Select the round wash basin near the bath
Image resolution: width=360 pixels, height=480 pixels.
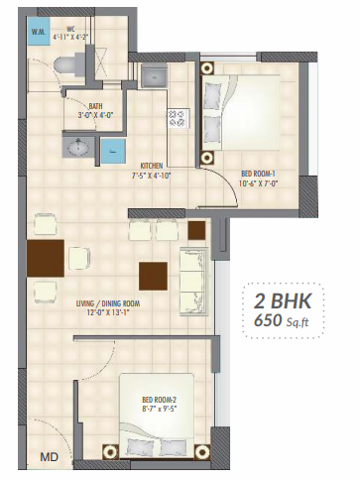78,148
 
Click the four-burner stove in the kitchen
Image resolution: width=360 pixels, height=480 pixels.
180,120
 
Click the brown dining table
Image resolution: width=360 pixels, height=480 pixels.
46,259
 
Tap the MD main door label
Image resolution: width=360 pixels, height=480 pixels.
48,456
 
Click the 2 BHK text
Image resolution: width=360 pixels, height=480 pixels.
287,301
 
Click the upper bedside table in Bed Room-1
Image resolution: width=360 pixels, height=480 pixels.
207,70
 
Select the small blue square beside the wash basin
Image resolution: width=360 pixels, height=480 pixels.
114,152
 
